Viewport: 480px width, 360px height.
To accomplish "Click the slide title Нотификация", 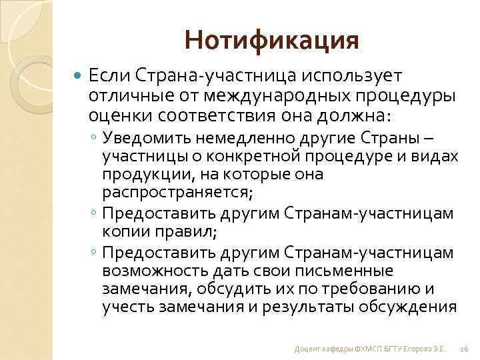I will [272, 41].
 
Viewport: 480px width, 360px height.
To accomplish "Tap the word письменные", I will [353, 271].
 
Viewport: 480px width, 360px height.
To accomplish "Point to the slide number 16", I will [465, 349].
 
